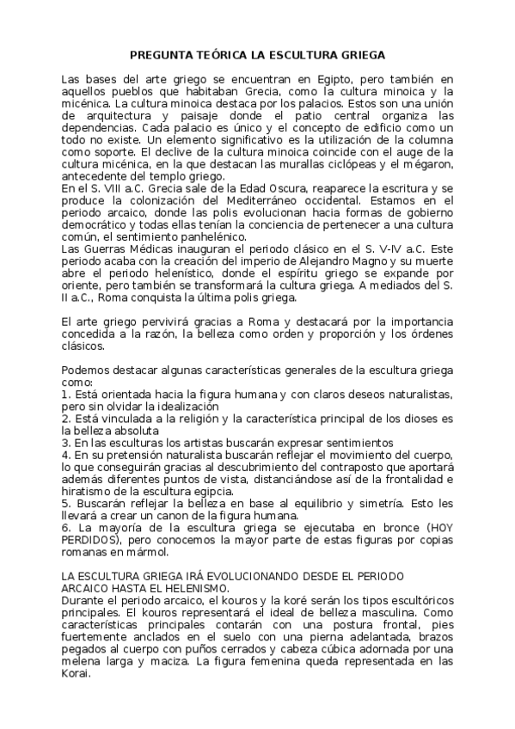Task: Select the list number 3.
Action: tap(64, 443)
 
